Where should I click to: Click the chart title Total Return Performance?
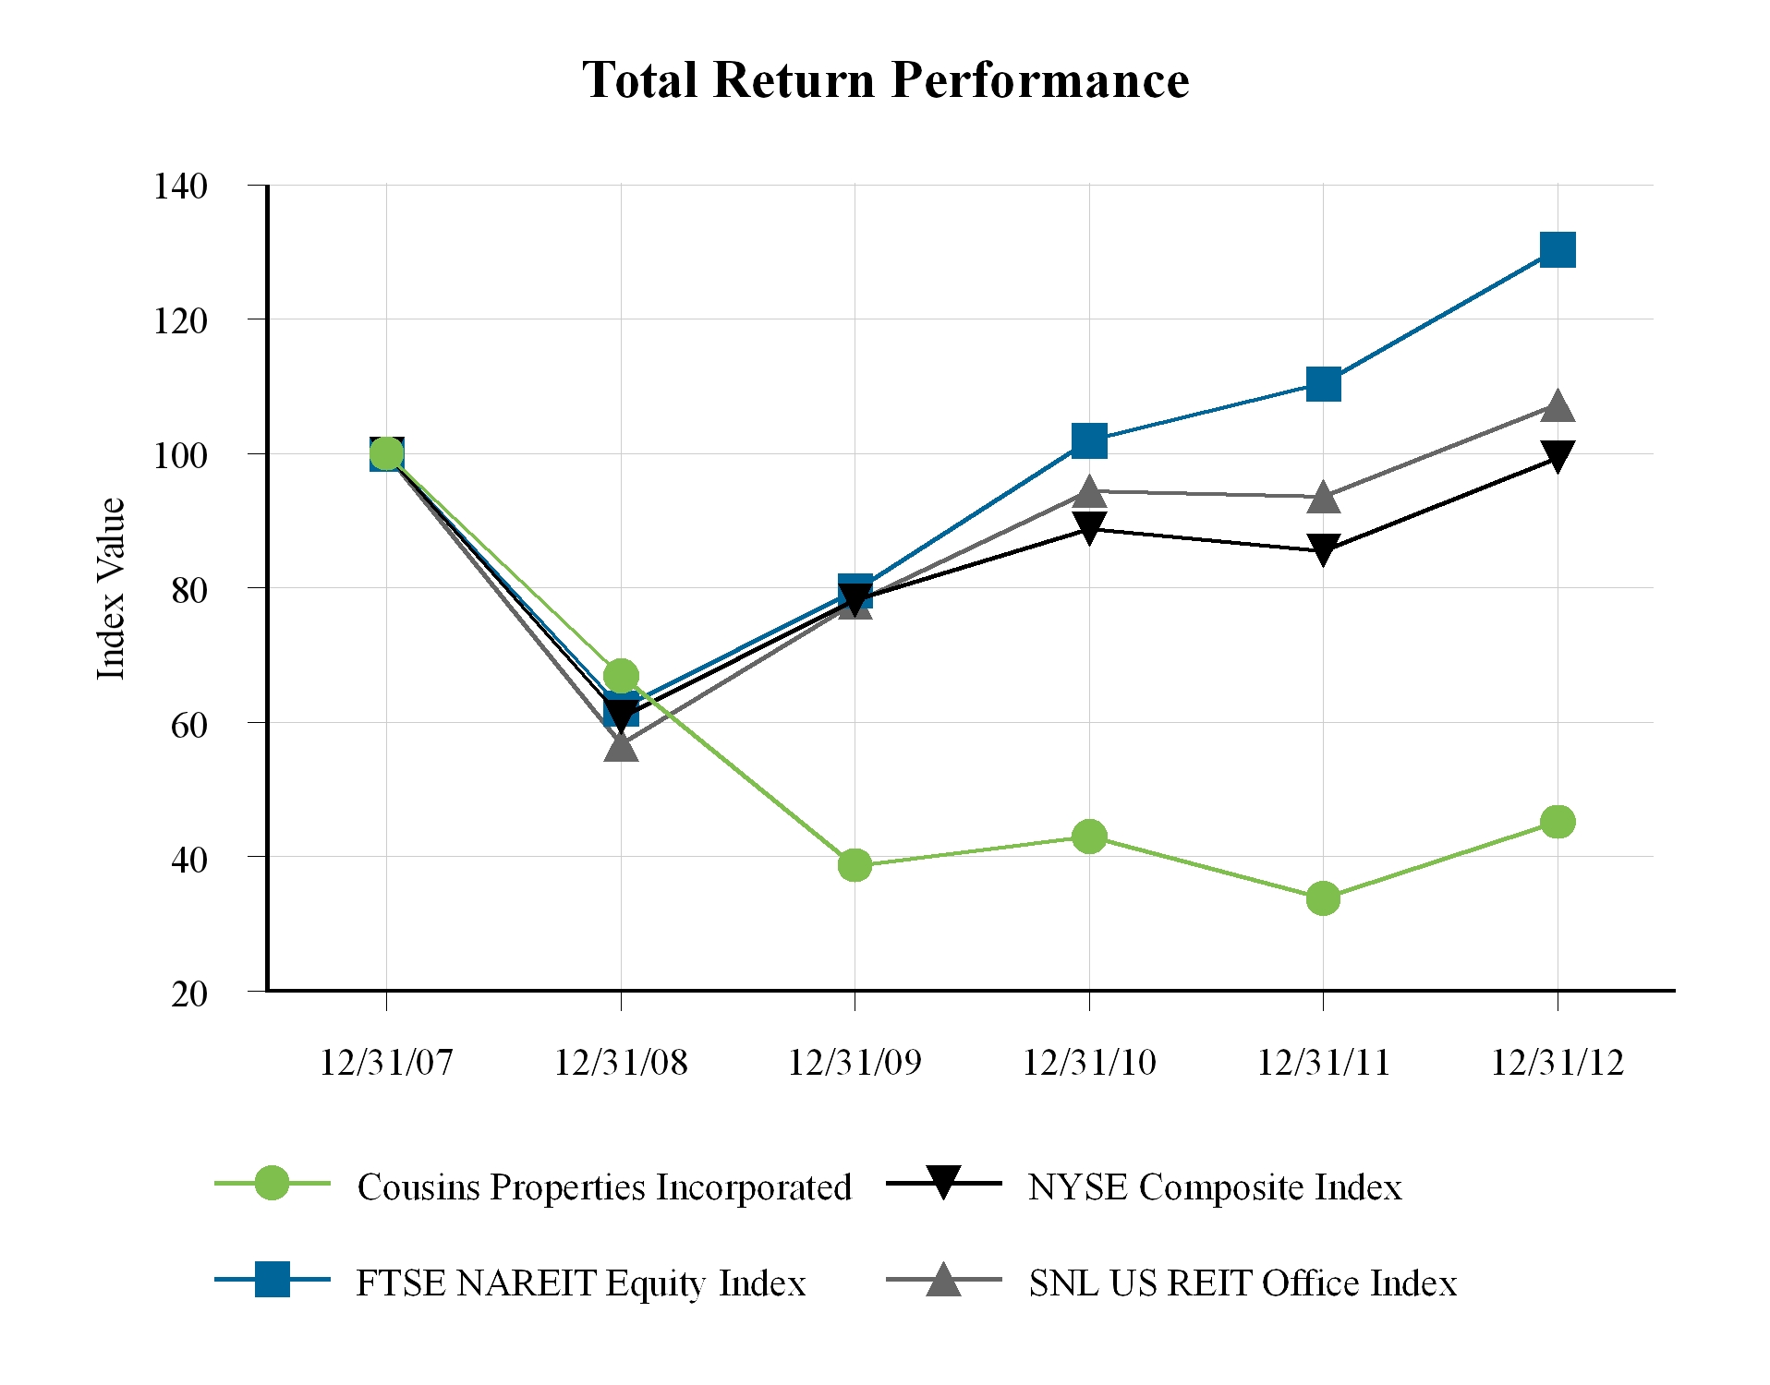coord(885,80)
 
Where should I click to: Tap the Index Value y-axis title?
coord(111,588)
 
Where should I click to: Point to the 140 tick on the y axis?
coord(181,186)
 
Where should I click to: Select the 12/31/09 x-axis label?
coord(855,1063)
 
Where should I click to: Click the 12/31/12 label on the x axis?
coord(1558,1063)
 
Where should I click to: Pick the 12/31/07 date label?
coord(386,1063)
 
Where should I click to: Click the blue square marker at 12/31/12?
coord(1558,249)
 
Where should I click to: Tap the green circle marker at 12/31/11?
coord(1323,897)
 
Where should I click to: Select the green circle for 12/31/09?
coord(855,865)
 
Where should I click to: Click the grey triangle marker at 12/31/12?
coord(1558,405)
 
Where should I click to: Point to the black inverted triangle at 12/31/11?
coord(1323,550)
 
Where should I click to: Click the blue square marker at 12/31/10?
coord(1089,440)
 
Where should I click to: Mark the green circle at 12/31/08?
coord(621,676)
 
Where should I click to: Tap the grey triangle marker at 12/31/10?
coord(1089,491)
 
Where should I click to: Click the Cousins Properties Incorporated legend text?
coord(604,1187)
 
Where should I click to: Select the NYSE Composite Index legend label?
coord(1215,1187)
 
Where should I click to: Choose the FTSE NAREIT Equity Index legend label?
coord(581,1283)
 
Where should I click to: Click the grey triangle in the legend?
coord(943,1280)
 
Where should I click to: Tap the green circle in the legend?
coord(272,1183)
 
